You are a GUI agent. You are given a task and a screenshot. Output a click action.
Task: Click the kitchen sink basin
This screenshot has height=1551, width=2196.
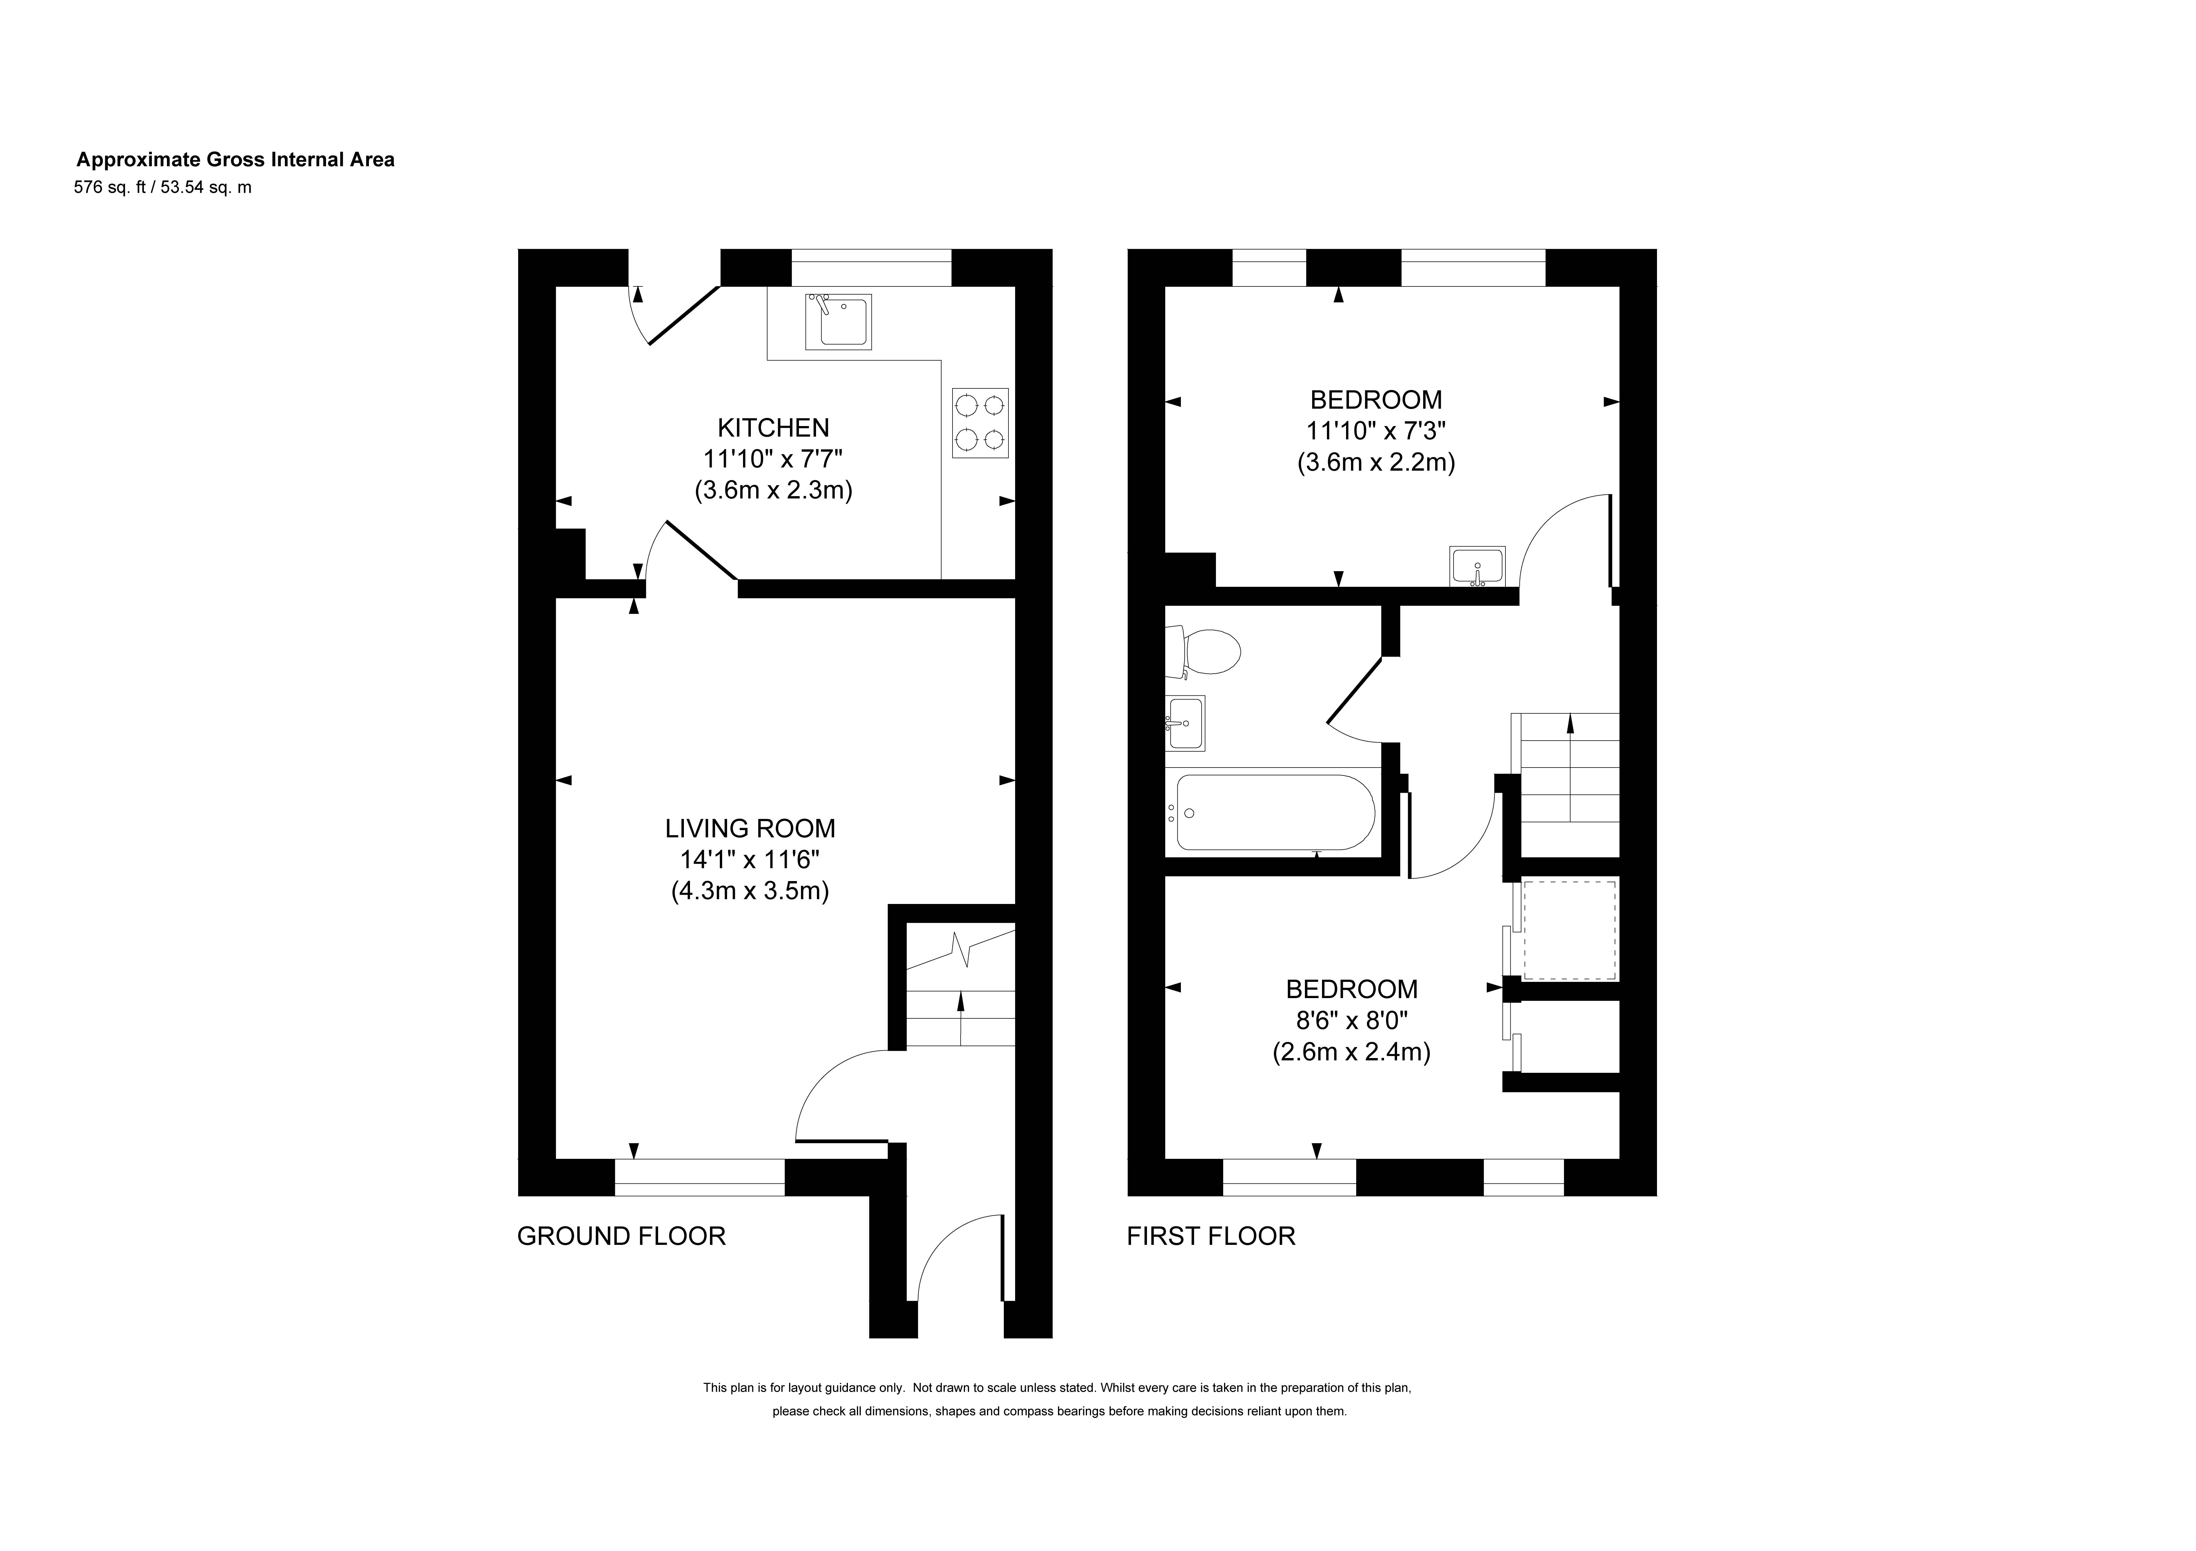point(838,322)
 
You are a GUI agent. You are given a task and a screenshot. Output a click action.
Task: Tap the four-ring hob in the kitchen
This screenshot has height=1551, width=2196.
point(980,423)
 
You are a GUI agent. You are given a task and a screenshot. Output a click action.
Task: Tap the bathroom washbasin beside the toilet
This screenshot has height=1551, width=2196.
point(1185,723)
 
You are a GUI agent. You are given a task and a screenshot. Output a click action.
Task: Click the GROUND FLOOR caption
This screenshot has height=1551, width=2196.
point(622,1236)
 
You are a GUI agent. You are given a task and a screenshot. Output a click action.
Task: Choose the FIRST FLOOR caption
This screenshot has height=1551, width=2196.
point(1211,1236)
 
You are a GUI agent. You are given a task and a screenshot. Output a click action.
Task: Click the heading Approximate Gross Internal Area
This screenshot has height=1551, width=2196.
point(235,160)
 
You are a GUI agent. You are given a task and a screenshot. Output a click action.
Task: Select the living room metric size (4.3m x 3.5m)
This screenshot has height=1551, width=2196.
point(750,891)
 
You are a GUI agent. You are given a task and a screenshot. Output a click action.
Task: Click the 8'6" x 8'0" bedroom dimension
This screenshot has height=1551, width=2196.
point(1352,1020)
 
